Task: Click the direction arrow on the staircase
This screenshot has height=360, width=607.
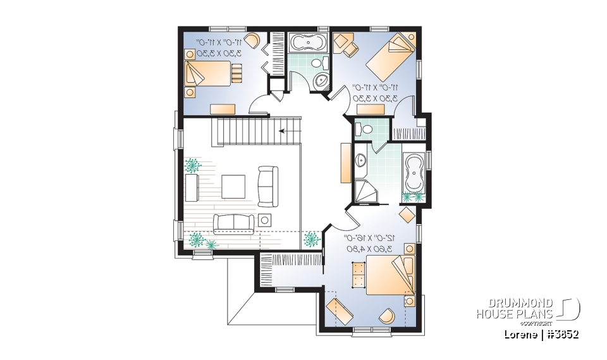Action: pos(284,132)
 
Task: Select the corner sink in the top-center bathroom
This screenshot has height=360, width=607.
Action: pos(322,80)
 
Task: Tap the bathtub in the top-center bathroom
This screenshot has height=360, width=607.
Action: pos(306,42)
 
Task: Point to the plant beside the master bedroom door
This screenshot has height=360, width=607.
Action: pos(310,239)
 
